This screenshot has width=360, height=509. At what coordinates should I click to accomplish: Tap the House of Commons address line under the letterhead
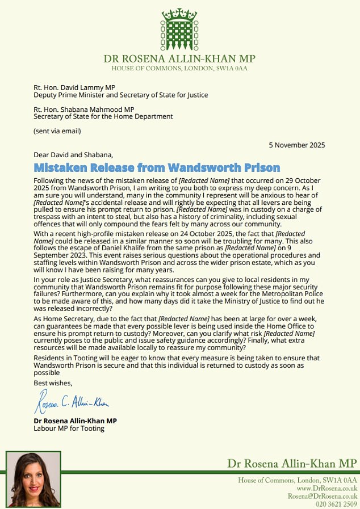[179, 69]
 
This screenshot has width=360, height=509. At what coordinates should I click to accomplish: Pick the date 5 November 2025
[298, 145]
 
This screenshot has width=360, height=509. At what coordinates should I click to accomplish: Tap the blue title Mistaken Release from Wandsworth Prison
[157, 167]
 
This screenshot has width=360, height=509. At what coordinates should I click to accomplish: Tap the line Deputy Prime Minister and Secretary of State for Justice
[120, 95]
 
